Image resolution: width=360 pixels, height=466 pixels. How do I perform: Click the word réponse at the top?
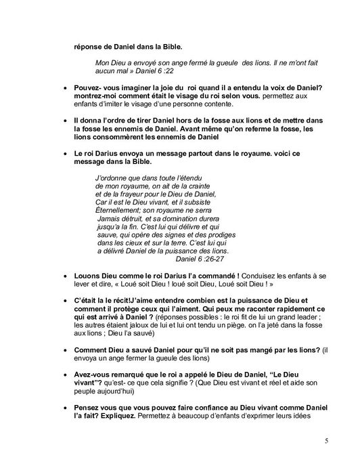click(89, 48)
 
